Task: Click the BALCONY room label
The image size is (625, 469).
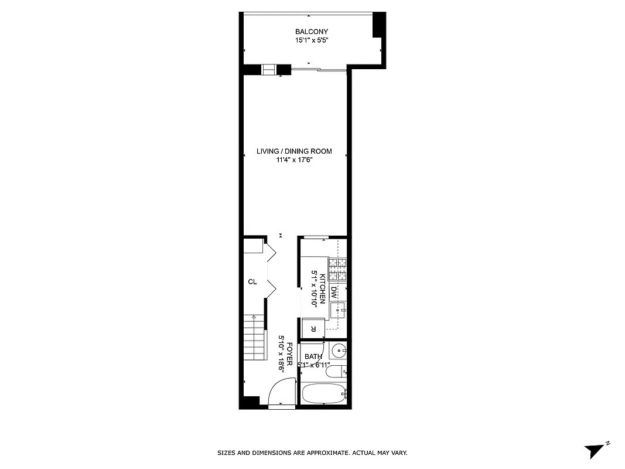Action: [x=312, y=32]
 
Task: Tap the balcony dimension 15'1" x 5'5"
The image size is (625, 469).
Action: [x=312, y=41]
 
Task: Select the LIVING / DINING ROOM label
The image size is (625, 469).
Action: [x=294, y=151]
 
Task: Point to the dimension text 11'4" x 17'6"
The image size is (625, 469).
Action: [x=294, y=160]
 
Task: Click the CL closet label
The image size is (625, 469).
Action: [x=252, y=282]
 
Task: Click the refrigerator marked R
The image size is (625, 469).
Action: [x=313, y=328]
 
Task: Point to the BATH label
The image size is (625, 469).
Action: [x=313, y=356]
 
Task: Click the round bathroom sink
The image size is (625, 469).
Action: [x=338, y=351]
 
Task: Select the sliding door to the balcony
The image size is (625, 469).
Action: [x=319, y=70]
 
